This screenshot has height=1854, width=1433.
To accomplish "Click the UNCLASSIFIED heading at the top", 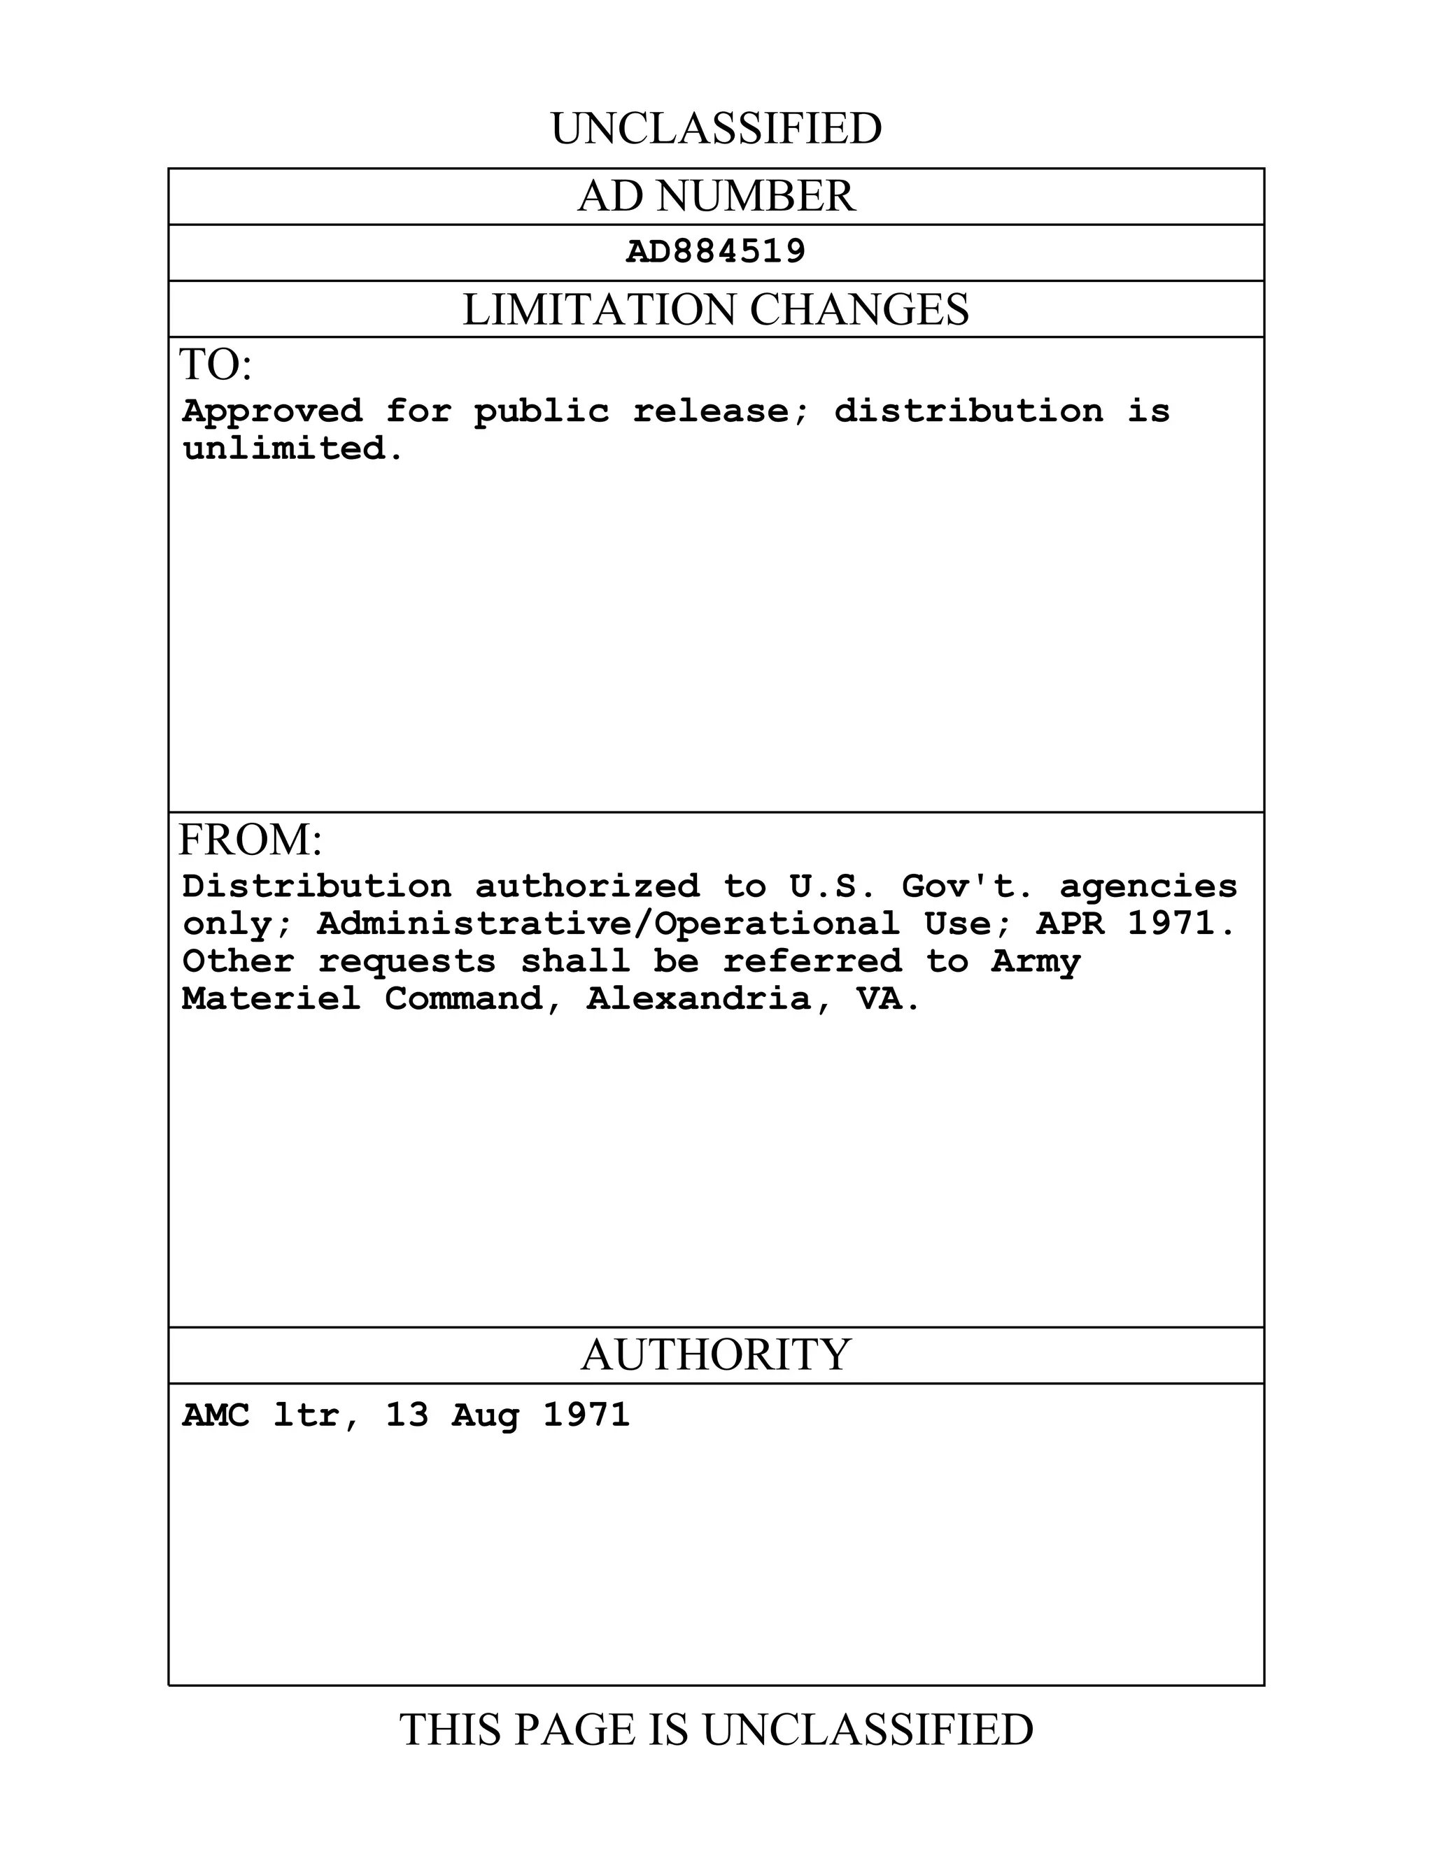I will click(x=716, y=129).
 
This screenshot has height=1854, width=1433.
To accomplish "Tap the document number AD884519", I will click(x=716, y=252).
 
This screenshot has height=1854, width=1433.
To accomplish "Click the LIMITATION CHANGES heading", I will click(x=716, y=309).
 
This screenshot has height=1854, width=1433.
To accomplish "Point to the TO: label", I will click(x=216, y=365).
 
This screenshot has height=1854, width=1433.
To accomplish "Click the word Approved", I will click(x=272, y=411).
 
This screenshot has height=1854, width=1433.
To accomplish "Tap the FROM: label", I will click(x=250, y=840).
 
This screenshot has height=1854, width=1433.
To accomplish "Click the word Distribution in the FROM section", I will click(x=317, y=887).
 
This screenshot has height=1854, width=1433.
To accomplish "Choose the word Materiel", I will click(x=271, y=999).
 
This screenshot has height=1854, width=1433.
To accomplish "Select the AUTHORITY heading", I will click(x=716, y=1355).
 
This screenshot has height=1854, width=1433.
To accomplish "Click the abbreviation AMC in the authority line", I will click(x=216, y=1415).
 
